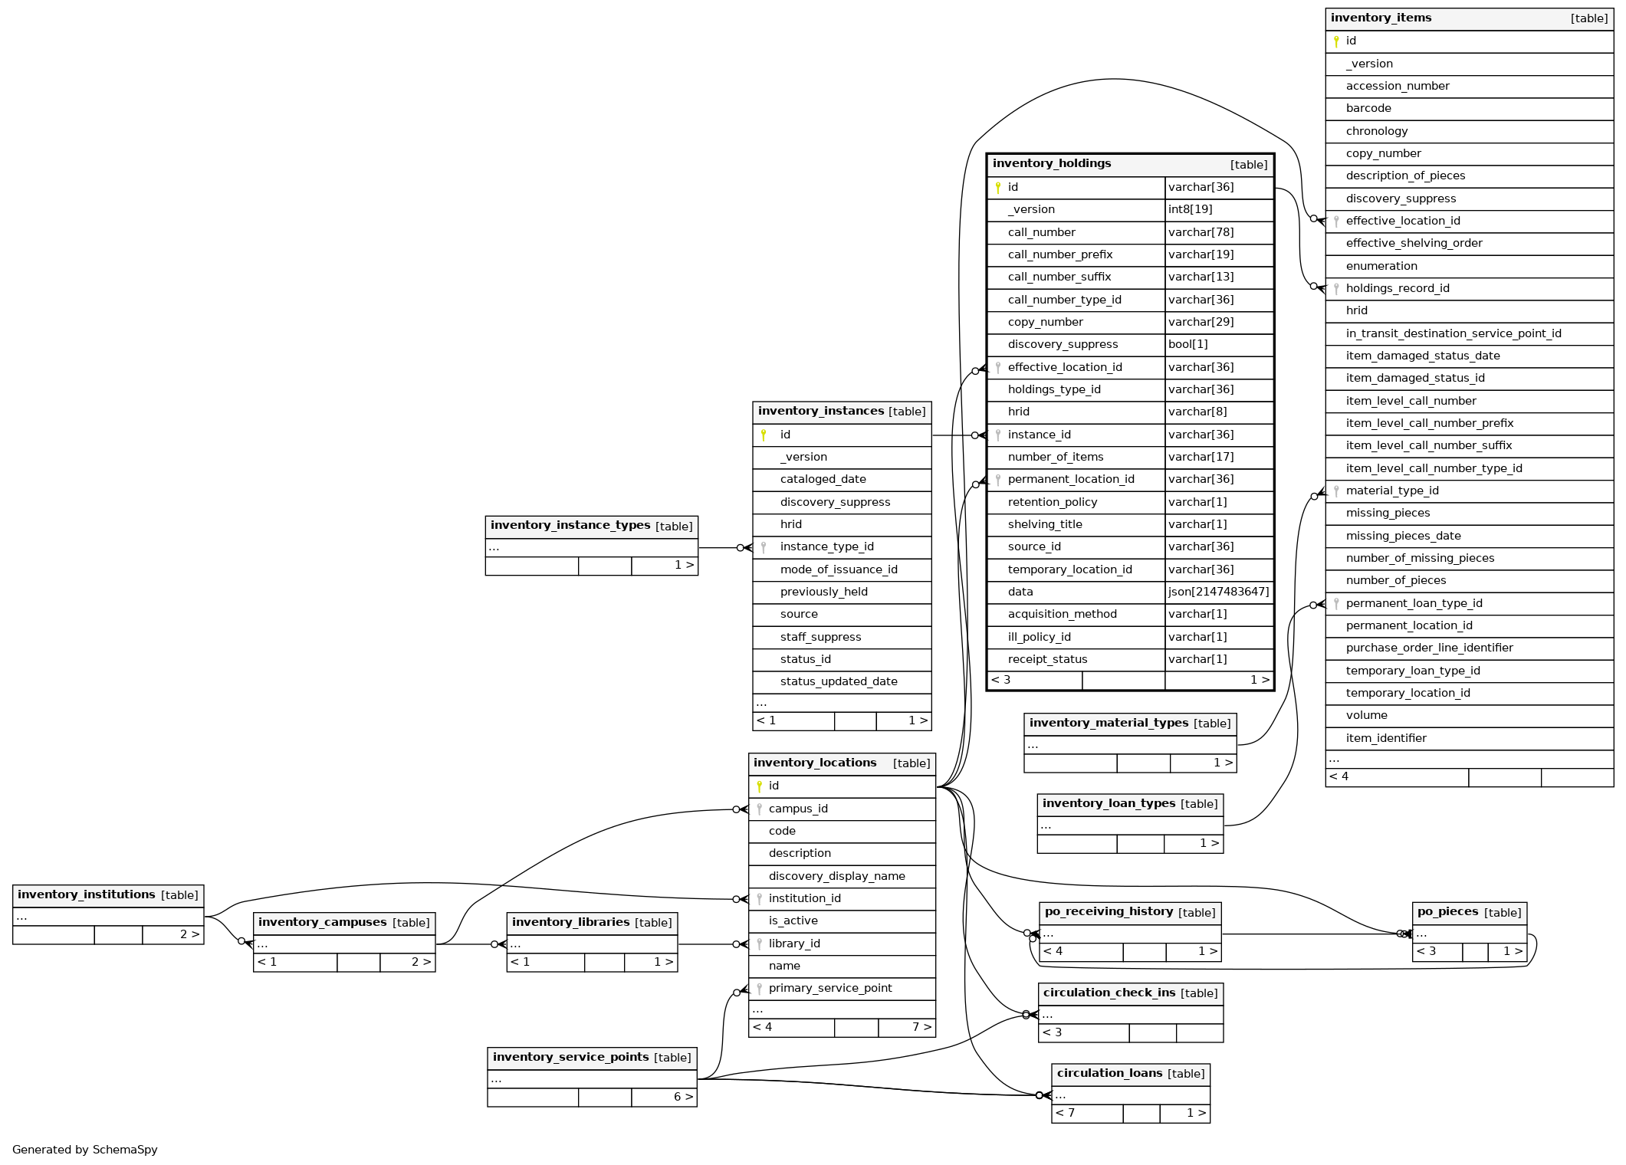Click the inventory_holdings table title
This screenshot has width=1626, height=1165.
pyautogui.click(x=1051, y=164)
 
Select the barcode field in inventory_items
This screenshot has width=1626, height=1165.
pyautogui.click(x=1368, y=109)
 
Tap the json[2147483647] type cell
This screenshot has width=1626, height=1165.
pyautogui.click(x=1218, y=592)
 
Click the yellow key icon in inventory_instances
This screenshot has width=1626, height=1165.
pyautogui.click(x=764, y=435)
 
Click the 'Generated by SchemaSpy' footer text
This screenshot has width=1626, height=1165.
pyautogui.click(x=84, y=1150)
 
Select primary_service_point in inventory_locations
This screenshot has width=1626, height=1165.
pyautogui.click(x=829, y=989)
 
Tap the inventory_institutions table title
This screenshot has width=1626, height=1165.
pyautogui.click(x=86, y=895)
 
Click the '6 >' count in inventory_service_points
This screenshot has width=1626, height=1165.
pyautogui.click(x=682, y=1098)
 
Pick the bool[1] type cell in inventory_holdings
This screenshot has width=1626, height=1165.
pyautogui.click(x=1187, y=345)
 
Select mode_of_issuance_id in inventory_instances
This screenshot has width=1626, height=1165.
pyautogui.click(x=838, y=569)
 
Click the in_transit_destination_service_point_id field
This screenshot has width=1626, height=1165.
pyautogui.click(x=1453, y=333)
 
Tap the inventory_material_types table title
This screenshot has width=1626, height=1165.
pyautogui.click(x=1108, y=724)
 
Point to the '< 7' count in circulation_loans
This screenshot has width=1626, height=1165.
pyautogui.click(x=1065, y=1114)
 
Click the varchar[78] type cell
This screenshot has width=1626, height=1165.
pyautogui.click(x=1201, y=232)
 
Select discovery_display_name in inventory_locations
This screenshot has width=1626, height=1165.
pyautogui.click(x=836, y=876)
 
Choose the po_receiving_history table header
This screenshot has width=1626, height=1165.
pyautogui.click(x=1108, y=912)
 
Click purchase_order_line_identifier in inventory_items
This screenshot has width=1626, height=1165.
pyautogui.click(x=1429, y=648)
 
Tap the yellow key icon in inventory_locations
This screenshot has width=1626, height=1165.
pyautogui.click(x=759, y=786)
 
